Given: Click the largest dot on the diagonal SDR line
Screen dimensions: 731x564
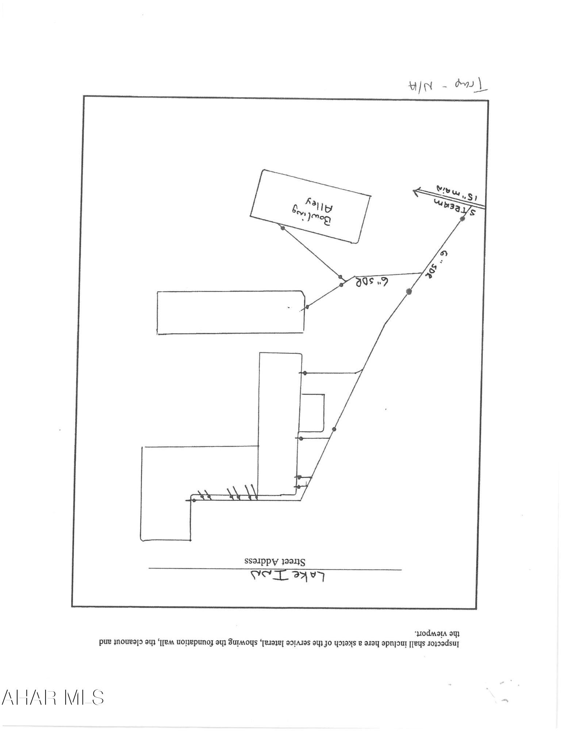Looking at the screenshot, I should [409, 291].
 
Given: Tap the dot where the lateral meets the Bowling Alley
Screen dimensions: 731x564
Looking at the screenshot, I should [282, 228].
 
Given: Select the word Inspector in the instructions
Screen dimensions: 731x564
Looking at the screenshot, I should [445, 643].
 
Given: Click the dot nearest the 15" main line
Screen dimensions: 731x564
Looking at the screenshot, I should [462, 219].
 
